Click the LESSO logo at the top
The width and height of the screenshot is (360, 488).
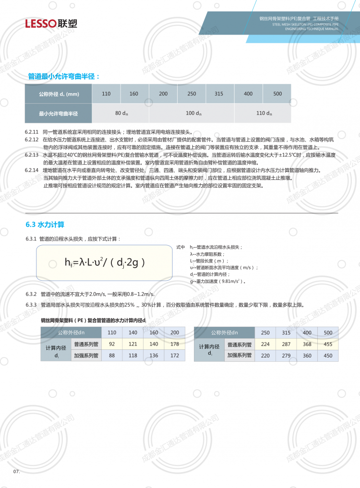[51, 24]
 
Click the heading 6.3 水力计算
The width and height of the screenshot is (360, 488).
[45, 224]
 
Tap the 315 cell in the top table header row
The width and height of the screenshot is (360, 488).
[219, 94]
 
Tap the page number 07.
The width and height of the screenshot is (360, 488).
[16, 472]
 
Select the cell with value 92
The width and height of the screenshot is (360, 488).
[112, 344]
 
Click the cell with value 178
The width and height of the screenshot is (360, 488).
[175, 344]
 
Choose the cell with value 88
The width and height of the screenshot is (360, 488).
[112, 356]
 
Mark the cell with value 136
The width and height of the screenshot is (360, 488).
[154, 356]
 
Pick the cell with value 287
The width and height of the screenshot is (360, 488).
[287, 344]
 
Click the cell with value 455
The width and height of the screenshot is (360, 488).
[328, 344]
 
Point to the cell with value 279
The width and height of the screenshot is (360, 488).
[287, 356]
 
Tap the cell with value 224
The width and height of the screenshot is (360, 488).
[265, 344]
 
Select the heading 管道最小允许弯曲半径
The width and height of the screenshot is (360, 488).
[63, 76]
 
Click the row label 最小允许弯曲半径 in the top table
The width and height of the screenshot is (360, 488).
[59, 114]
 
